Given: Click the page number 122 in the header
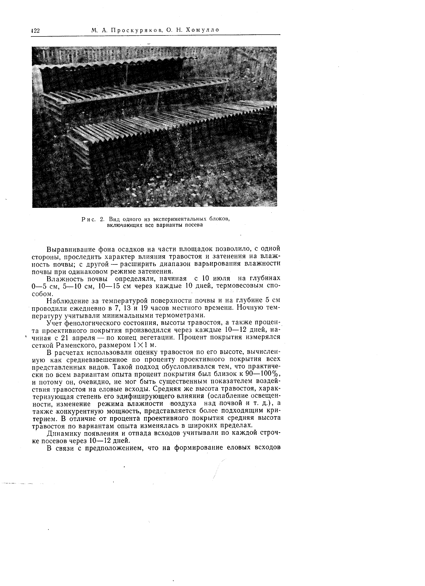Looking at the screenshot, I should pos(35,31).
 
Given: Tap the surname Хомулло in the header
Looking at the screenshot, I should pos(201,30).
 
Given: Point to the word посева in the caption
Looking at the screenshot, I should pos(195,225).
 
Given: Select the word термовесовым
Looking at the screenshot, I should pos(241,286).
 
